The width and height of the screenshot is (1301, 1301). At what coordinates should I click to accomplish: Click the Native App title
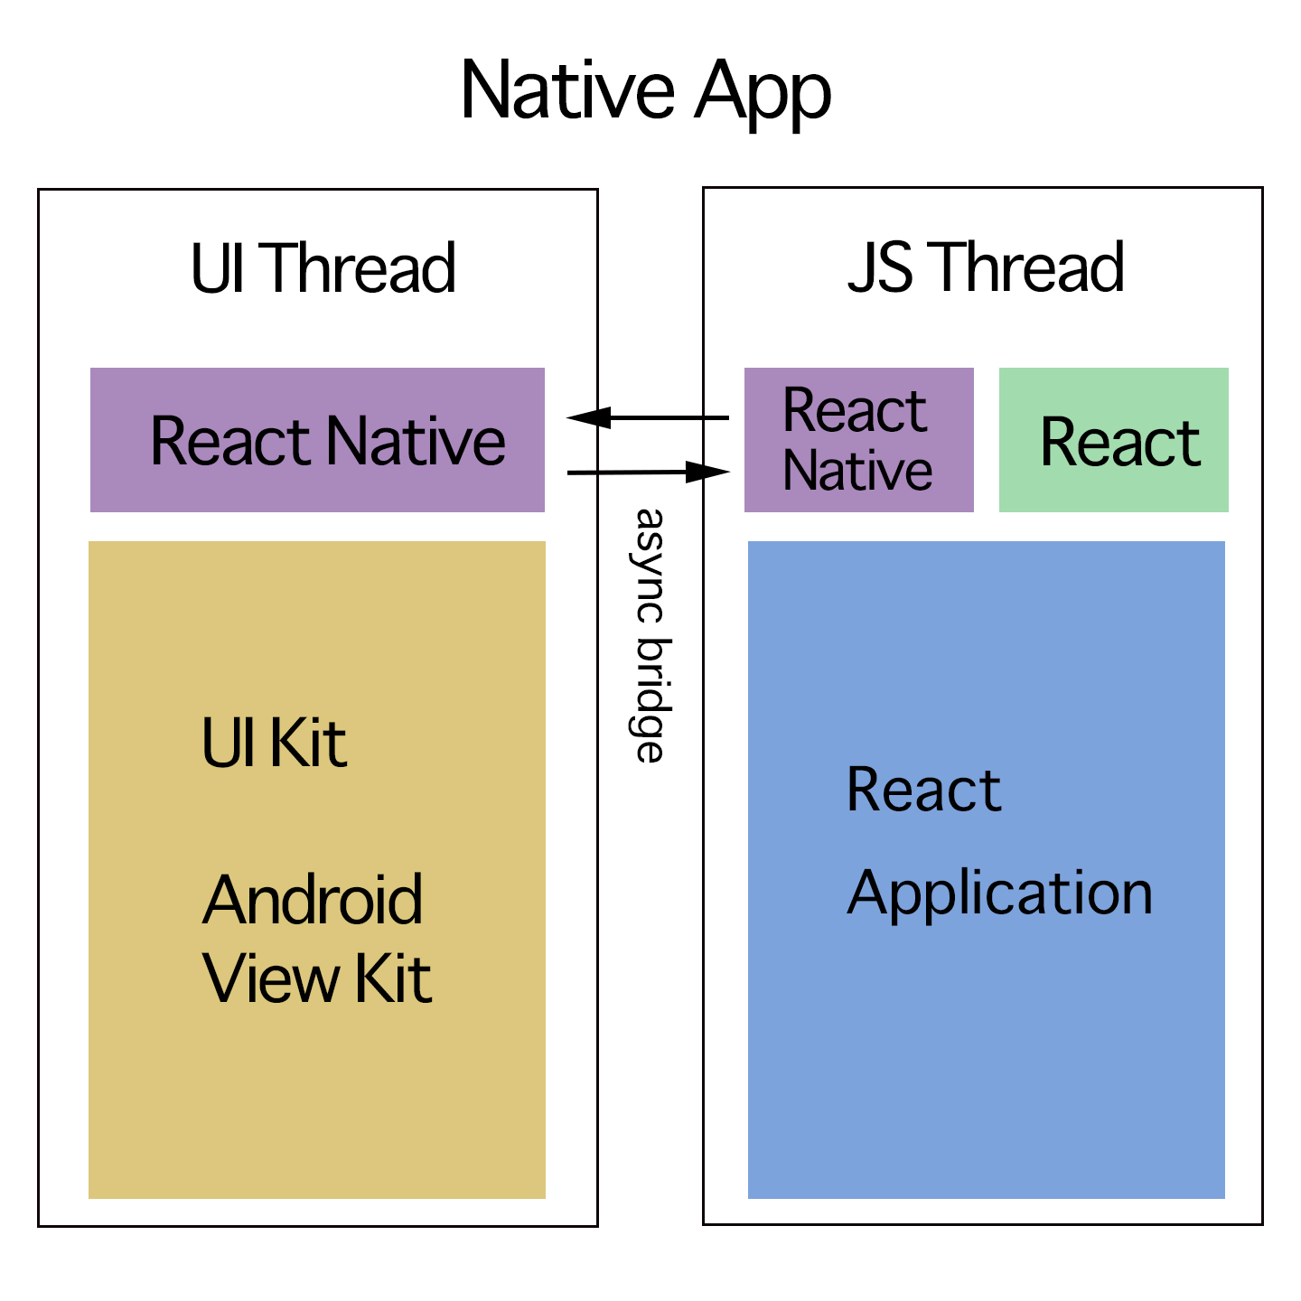click(x=645, y=91)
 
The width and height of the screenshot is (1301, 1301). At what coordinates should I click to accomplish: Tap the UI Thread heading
click(x=323, y=268)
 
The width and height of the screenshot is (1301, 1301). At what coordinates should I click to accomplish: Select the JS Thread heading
click(x=986, y=268)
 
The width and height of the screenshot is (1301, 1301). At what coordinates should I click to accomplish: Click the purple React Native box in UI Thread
click(x=317, y=440)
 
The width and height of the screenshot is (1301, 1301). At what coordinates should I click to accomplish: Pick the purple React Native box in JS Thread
click(x=858, y=440)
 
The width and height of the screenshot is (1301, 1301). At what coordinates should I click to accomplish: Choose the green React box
click(x=1114, y=440)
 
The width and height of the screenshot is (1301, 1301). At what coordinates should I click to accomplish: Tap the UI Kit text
click(x=274, y=744)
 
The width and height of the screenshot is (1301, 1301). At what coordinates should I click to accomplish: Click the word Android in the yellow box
click(x=313, y=900)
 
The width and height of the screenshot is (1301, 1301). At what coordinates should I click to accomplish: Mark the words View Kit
click(x=317, y=978)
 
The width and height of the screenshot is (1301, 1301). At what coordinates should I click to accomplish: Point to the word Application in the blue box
click(x=999, y=893)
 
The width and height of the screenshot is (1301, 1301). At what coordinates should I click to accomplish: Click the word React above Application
click(x=923, y=790)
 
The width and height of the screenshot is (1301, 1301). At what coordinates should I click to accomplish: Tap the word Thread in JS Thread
click(x=1030, y=268)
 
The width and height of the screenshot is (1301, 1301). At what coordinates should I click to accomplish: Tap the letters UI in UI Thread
click(x=217, y=268)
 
